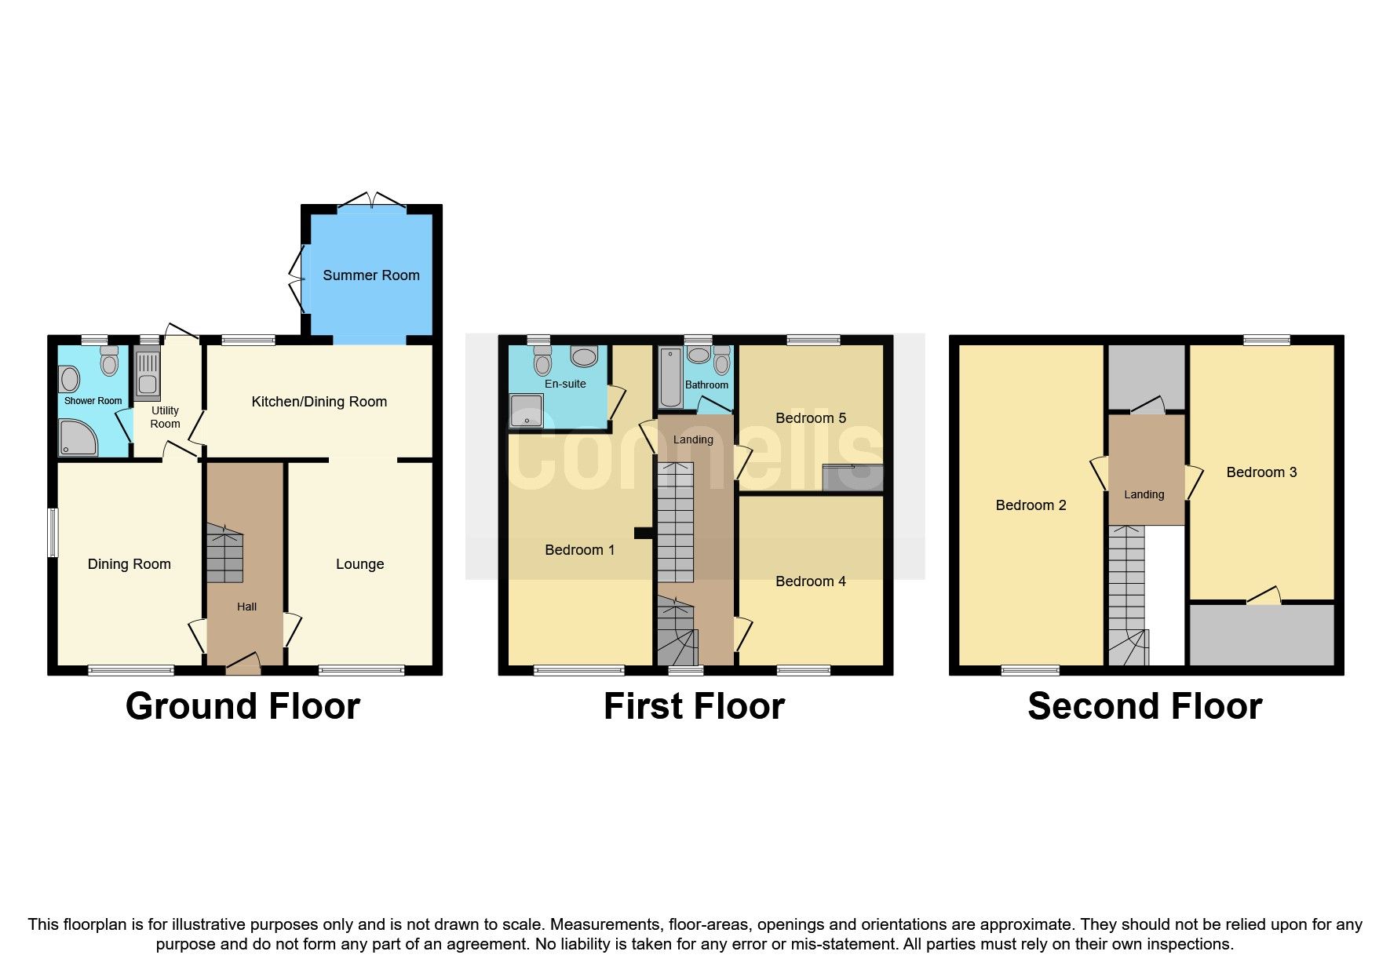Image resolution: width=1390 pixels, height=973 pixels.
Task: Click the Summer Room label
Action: click(370, 275)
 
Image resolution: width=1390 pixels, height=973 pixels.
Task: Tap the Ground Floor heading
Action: click(243, 706)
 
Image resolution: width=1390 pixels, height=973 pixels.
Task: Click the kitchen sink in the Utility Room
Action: click(147, 375)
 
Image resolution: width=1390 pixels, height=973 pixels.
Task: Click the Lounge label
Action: click(359, 564)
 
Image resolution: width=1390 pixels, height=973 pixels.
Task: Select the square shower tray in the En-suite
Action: click(525, 410)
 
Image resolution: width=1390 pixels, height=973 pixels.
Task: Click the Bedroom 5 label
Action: click(810, 418)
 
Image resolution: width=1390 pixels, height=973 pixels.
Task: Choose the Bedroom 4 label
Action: click(810, 581)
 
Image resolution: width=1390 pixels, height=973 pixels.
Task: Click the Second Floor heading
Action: click(1144, 706)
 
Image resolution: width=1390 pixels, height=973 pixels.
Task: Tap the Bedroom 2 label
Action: click(1031, 505)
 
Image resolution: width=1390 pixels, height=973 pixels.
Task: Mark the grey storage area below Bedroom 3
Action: click(1261, 635)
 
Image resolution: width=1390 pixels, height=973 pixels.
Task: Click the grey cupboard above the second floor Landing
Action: click(1145, 375)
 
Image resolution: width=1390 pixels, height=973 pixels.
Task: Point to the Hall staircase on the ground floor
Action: click(224, 554)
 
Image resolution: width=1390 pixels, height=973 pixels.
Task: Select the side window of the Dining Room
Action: click(53, 534)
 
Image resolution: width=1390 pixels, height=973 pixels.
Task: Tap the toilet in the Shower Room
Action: click(109, 362)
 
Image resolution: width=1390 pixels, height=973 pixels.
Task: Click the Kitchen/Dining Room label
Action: click(319, 402)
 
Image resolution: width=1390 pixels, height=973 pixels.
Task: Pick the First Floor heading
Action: click(694, 706)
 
